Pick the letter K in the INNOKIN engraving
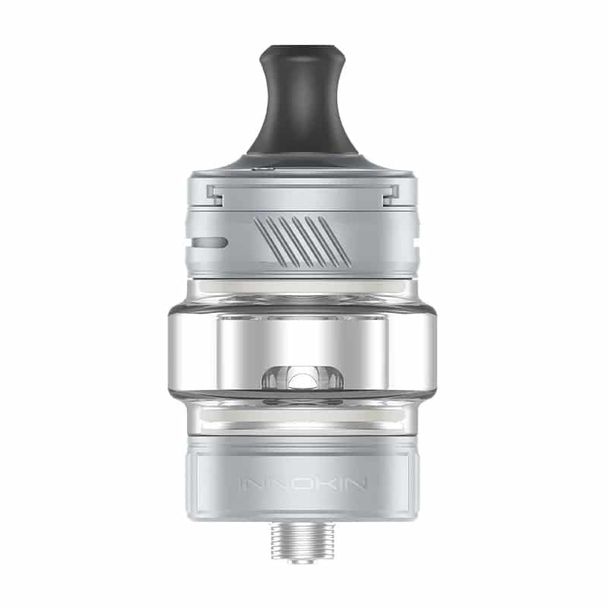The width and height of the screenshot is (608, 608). tap(321, 483)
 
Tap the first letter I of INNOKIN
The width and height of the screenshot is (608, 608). tap(243, 483)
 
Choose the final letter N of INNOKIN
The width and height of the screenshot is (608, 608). tap(356, 483)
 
